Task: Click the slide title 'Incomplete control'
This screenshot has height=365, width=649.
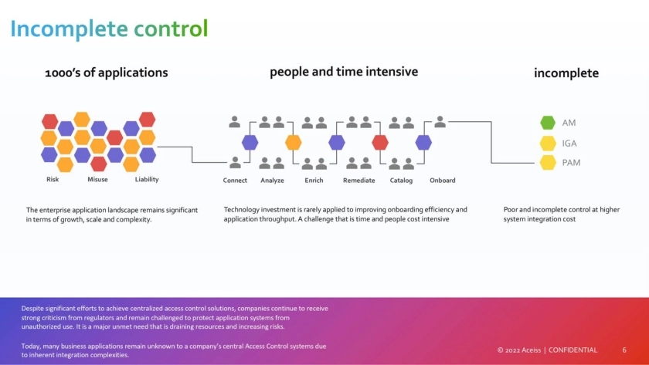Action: click(109, 29)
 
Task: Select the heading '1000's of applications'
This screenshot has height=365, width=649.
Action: click(107, 73)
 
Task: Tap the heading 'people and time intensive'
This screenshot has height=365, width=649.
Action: click(344, 72)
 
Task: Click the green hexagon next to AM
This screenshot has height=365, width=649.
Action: click(548, 123)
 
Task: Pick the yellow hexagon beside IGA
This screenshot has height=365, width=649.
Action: click(548, 143)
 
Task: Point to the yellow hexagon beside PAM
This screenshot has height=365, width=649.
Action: click(548, 162)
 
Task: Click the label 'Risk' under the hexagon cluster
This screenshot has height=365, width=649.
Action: click(53, 180)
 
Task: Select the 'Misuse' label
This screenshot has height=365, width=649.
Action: click(98, 180)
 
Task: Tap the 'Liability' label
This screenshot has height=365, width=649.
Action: click(147, 180)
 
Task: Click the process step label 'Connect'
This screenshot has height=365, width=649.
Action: click(235, 181)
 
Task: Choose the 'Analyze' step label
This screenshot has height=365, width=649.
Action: click(272, 181)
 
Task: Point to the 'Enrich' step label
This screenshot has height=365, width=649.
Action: click(314, 181)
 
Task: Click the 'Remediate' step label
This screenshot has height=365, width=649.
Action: click(358, 181)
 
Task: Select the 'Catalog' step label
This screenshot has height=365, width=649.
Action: click(401, 181)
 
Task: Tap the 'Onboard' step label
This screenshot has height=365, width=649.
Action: click(442, 181)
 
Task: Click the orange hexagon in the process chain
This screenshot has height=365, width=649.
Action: click(293, 142)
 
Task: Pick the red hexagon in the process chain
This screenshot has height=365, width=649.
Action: click(379, 142)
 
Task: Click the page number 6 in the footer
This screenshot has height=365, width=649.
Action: click(624, 350)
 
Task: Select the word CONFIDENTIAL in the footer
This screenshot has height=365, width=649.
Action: click(573, 350)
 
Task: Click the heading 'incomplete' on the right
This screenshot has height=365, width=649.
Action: click(566, 73)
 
